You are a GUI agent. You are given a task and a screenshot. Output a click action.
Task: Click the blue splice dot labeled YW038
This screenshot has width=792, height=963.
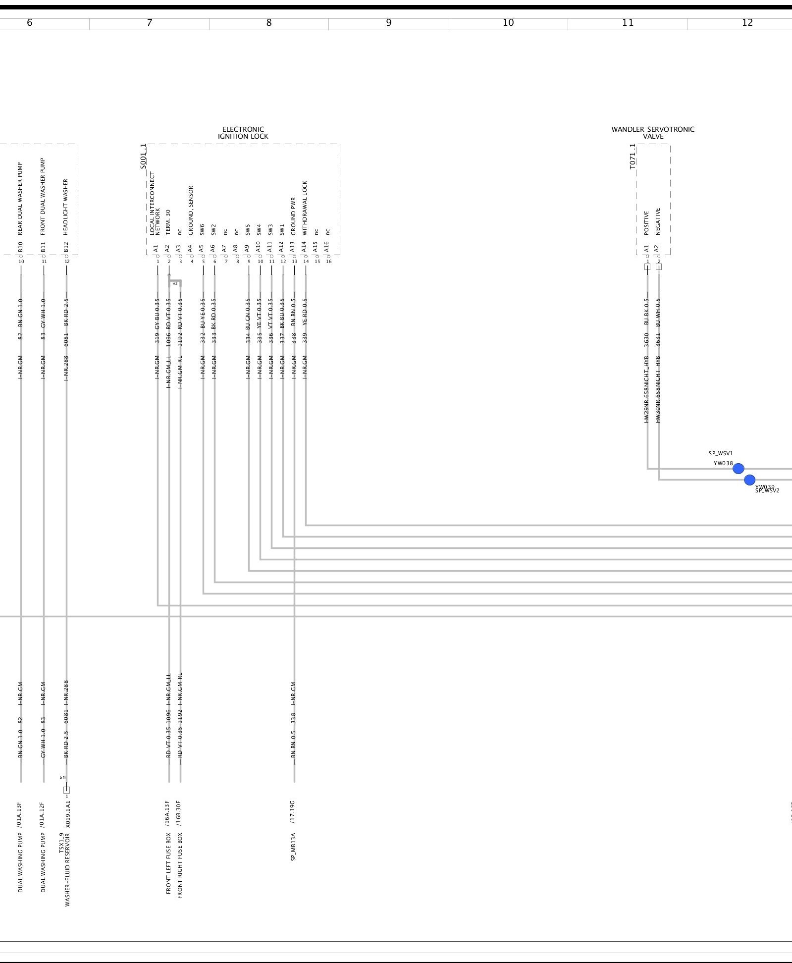coord(738,469)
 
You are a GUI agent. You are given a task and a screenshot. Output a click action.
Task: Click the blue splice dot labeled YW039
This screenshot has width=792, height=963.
coord(749,480)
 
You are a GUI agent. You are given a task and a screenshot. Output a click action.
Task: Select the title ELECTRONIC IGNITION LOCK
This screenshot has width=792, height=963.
coord(243,133)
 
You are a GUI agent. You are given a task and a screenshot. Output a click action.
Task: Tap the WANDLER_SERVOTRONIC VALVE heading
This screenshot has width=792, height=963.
coord(653,133)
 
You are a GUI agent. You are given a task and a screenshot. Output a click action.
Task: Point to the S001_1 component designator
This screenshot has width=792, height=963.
coord(143,157)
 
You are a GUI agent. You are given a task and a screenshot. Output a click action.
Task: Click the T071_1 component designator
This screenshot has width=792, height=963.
coord(633,157)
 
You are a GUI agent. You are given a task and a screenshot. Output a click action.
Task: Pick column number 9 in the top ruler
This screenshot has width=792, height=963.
coord(388,23)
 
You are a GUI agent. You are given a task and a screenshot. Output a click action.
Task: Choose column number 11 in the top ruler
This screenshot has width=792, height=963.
coord(628,23)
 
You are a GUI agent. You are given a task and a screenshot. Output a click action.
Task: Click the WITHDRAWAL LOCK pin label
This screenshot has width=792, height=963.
coord(305,208)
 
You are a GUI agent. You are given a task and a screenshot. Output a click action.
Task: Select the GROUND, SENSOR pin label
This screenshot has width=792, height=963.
coord(191,211)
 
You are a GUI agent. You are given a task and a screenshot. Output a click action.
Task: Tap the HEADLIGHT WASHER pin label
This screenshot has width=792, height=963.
coord(66,207)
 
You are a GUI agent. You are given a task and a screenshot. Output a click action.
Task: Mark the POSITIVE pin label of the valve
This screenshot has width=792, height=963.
coord(646,223)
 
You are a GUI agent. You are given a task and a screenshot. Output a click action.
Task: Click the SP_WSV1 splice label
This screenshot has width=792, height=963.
coord(721,453)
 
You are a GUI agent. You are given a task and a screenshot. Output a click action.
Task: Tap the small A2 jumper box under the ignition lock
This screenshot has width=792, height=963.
coord(175,283)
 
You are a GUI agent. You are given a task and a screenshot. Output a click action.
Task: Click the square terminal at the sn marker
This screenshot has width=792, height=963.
coord(67,790)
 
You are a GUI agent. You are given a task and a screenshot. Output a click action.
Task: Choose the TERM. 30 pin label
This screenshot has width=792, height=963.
coord(168,221)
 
